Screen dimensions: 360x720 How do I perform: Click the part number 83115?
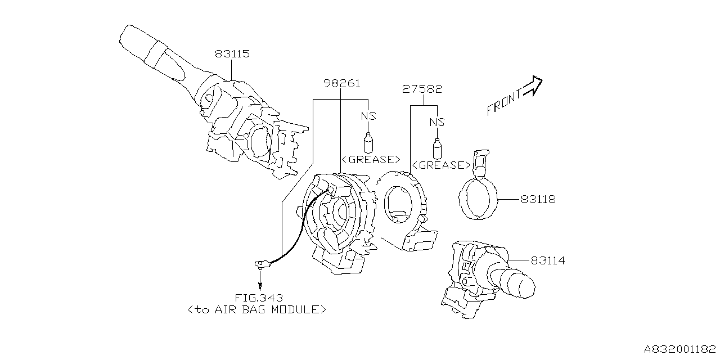(x=232, y=55)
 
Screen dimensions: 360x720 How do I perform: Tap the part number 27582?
(x=422, y=89)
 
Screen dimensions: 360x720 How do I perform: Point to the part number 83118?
(x=538, y=199)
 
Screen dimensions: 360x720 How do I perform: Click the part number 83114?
(x=547, y=260)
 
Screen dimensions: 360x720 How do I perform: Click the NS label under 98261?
(x=368, y=116)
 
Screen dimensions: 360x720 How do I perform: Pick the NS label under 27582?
(x=437, y=122)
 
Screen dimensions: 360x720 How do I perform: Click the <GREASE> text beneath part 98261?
(x=371, y=159)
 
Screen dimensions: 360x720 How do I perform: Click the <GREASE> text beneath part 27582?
(x=441, y=165)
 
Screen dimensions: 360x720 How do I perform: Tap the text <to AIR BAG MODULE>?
(x=257, y=309)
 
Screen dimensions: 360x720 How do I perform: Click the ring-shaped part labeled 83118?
(x=478, y=200)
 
